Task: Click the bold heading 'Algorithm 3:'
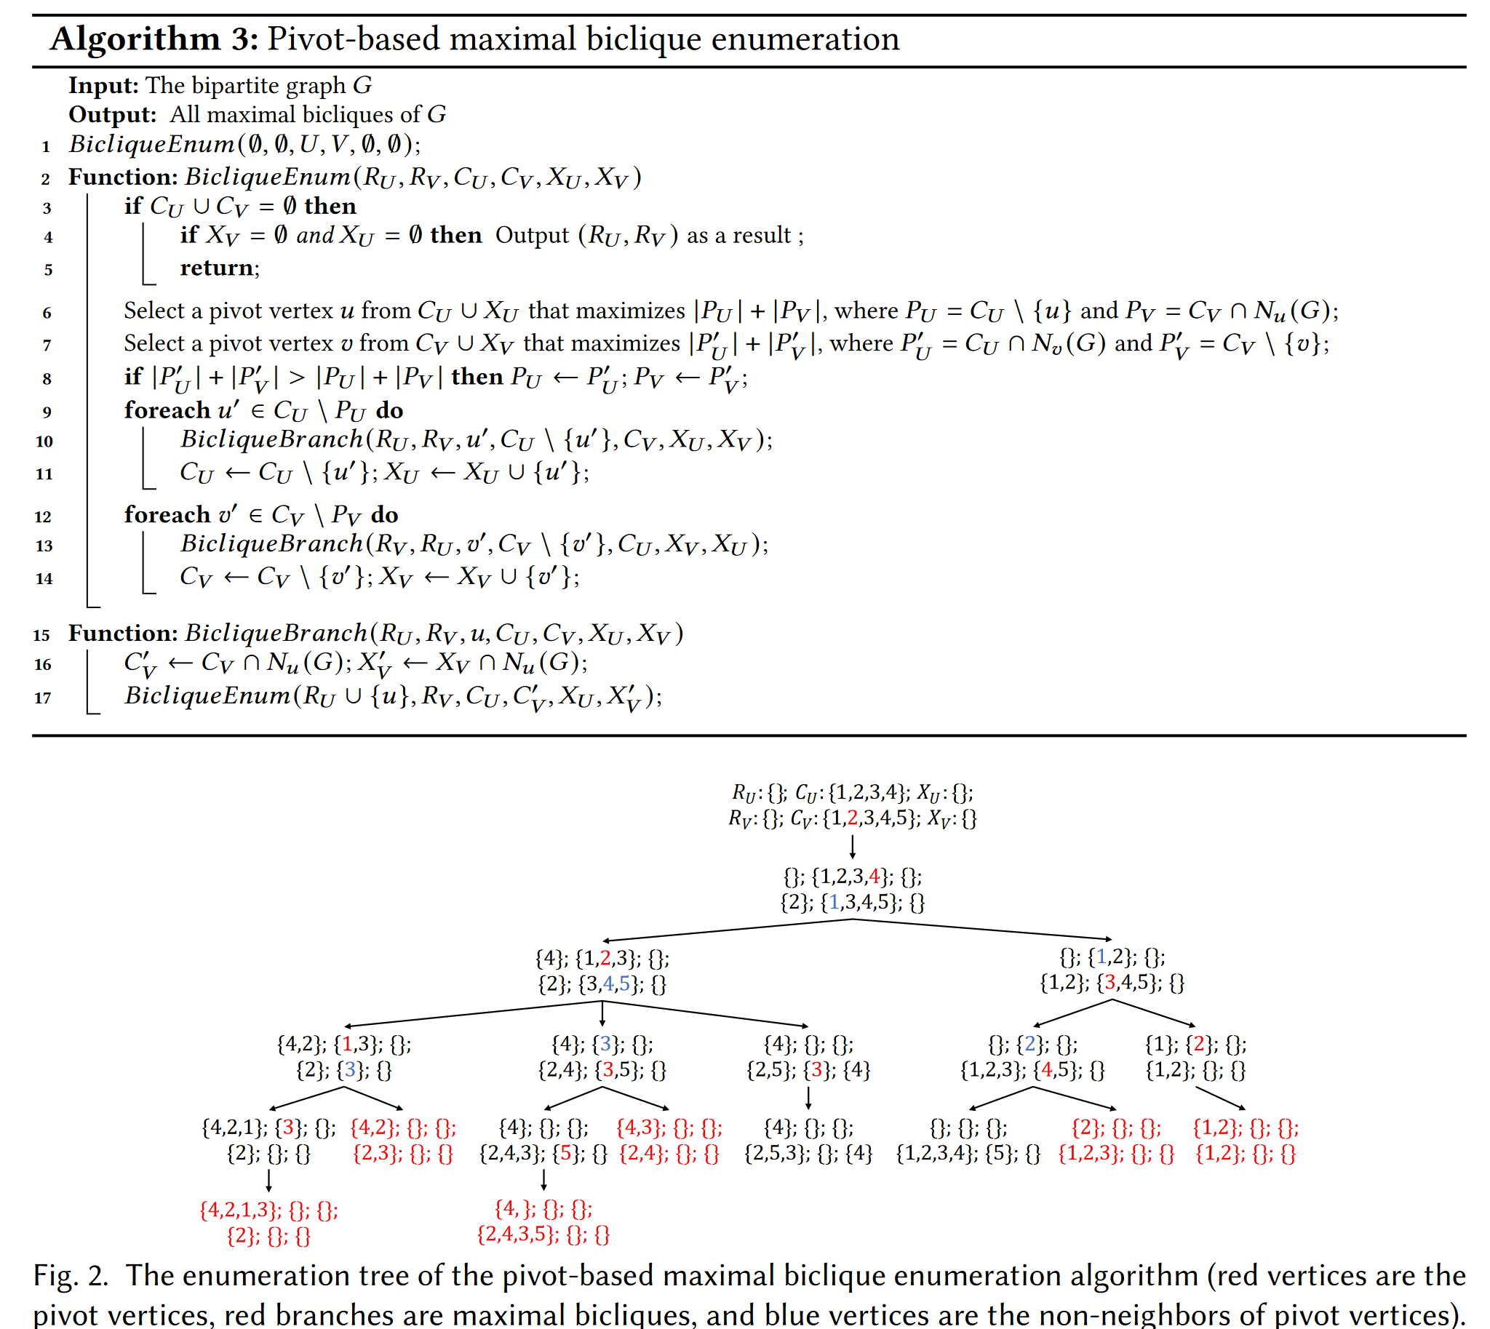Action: pyautogui.click(x=154, y=39)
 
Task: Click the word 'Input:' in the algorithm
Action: pyautogui.click(x=104, y=86)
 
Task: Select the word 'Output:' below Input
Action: pyautogui.click(x=113, y=115)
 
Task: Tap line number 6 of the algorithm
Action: pyautogui.click(x=47, y=314)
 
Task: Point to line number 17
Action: pyautogui.click(x=43, y=698)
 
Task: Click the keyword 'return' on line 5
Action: pyautogui.click(x=217, y=268)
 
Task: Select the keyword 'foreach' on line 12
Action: pyautogui.click(x=167, y=515)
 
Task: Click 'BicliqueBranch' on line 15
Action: pyautogui.click(x=276, y=633)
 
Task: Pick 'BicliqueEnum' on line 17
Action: pyautogui.click(x=207, y=695)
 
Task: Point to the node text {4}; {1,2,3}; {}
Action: pyautogui.click(x=602, y=958)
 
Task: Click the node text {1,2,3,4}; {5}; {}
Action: pyautogui.click(x=968, y=1154)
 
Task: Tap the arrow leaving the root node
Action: pyautogui.click(x=853, y=845)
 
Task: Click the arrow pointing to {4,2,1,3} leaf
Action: pyautogui.click(x=268, y=1180)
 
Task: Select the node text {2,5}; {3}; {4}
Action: pyautogui.click(x=808, y=1071)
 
